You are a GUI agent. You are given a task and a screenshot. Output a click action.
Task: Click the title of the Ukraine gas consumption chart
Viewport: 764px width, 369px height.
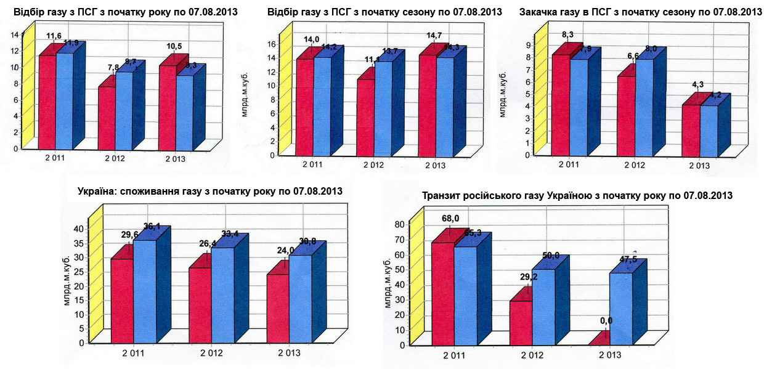pyautogui.click(x=210, y=191)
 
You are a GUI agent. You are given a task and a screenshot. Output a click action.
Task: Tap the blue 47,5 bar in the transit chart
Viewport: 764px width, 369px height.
pyautogui.click(x=620, y=308)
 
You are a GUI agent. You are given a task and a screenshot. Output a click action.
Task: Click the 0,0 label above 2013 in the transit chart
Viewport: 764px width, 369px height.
pyautogui.click(x=606, y=321)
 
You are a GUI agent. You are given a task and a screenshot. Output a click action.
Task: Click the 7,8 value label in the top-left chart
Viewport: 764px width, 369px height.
pyautogui.click(x=114, y=67)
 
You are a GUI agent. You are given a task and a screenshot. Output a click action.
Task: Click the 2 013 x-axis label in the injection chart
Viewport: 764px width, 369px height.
pyautogui.click(x=699, y=165)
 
